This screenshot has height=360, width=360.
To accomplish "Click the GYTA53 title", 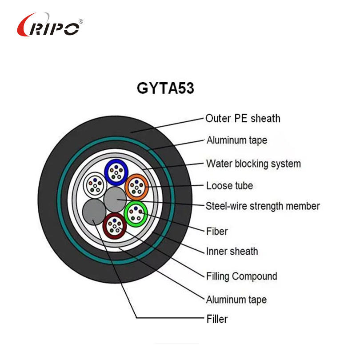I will click(x=165, y=88).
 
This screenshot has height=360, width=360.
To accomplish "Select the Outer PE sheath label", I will click(x=243, y=118).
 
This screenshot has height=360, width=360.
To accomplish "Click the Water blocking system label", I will click(x=253, y=164).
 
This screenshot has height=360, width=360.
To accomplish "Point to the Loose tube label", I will click(x=229, y=185).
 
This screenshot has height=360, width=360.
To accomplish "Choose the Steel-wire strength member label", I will click(x=263, y=206).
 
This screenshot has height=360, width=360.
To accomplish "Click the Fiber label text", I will click(x=217, y=231).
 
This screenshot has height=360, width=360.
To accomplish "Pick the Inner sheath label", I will click(x=232, y=252).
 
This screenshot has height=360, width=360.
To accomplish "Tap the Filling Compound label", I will click(x=241, y=276).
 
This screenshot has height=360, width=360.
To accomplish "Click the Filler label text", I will click(x=217, y=319).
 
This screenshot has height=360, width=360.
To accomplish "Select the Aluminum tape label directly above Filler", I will click(x=236, y=299).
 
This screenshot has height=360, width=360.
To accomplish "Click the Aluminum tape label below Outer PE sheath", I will click(x=236, y=140).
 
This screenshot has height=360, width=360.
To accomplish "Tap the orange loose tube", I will click(x=136, y=187).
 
